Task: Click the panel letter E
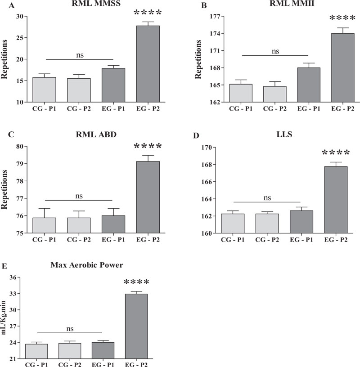point(4,266)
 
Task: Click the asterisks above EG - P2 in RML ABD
point(148,147)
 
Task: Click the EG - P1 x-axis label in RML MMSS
point(113,109)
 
